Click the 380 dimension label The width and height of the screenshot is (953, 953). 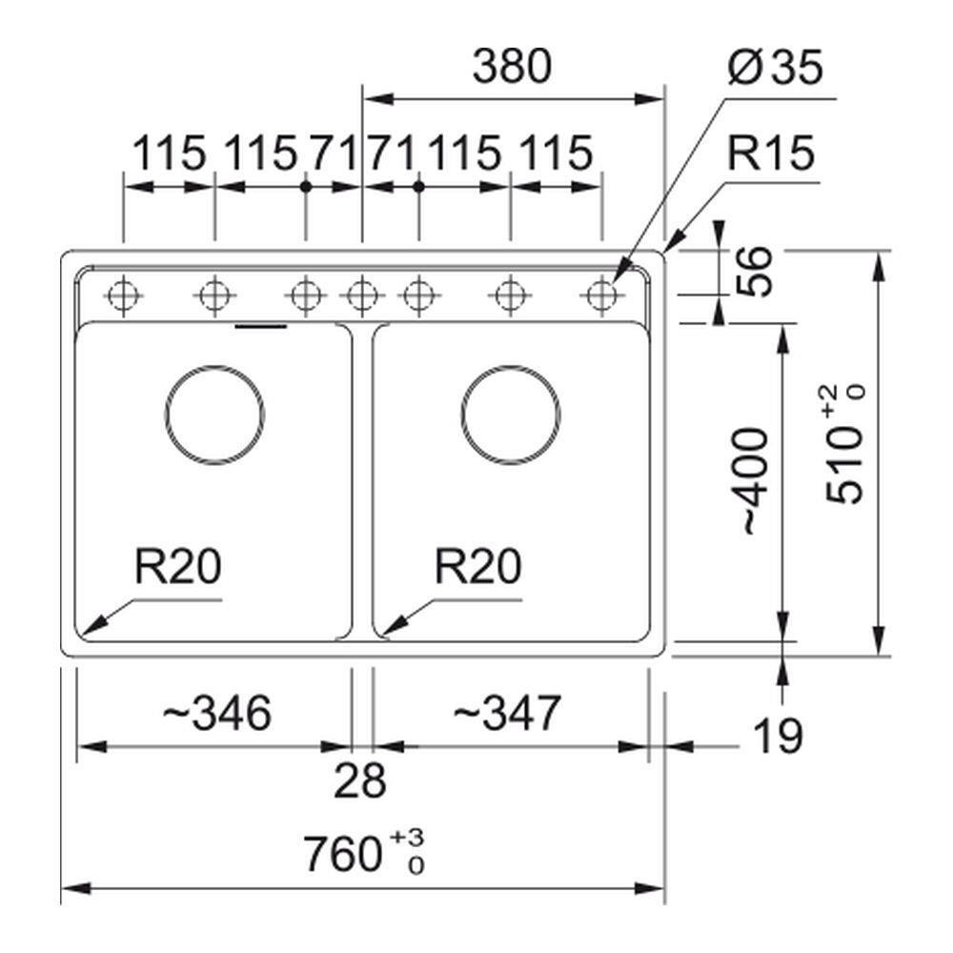(x=513, y=68)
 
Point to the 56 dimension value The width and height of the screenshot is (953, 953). (x=753, y=272)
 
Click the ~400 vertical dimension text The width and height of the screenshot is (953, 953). (x=752, y=480)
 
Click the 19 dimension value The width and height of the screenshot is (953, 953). (x=778, y=736)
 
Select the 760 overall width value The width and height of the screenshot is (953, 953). (x=342, y=854)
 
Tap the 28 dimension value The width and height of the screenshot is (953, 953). (x=360, y=781)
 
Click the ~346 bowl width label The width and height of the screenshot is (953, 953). (x=217, y=714)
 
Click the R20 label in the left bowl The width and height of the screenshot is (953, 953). (x=177, y=568)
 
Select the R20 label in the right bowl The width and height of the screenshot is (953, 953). (x=478, y=568)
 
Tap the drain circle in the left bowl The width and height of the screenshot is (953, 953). (x=214, y=415)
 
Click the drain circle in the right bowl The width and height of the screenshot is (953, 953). (x=511, y=415)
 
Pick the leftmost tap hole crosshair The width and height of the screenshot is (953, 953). (x=124, y=295)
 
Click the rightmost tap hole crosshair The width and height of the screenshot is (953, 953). (x=600, y=295)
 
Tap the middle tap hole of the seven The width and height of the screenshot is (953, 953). (x=361, y=295)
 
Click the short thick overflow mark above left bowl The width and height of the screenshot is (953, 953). (x=260, y=326)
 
